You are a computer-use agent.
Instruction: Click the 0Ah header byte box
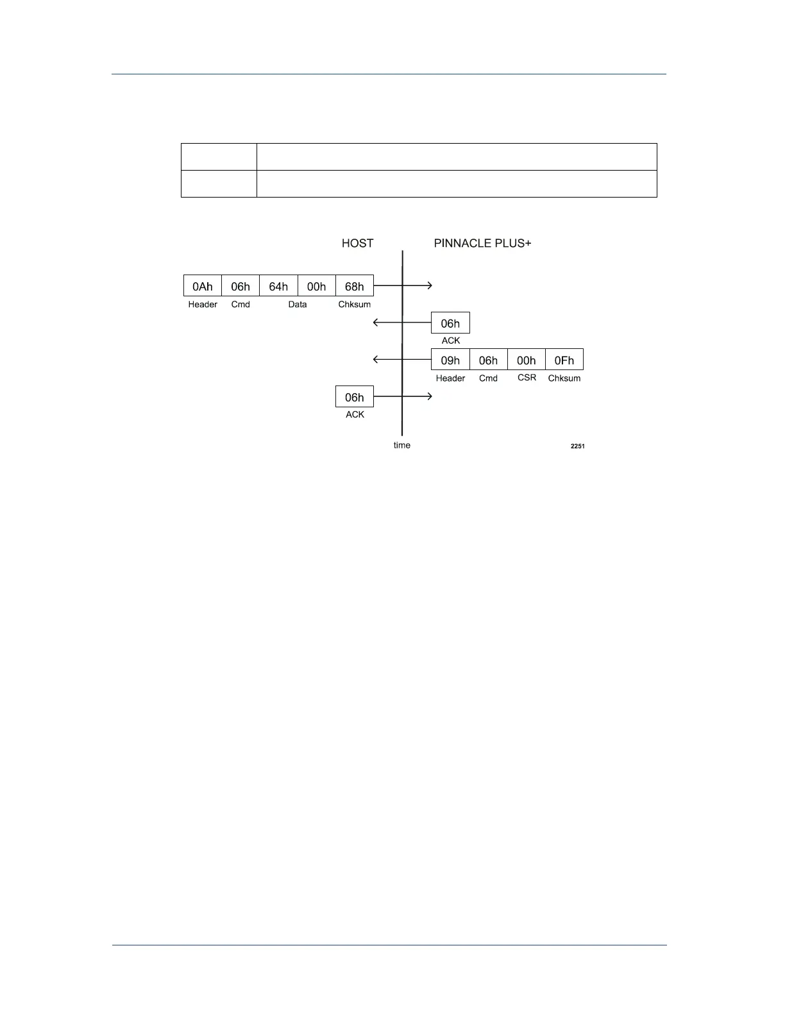pyautogui.click(x=203, y=286)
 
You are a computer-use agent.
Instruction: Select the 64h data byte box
pyautogui.click(x=278, y=286)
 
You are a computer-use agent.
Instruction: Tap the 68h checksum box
pyautogui.click(x=355, y=286)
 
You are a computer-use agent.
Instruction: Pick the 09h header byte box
pyautogui.click(x=450, y=360)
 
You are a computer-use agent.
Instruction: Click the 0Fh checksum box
pyautogui.click(x=564, y=360)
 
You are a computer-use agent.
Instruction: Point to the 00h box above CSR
pyautogui.click(x=527, y=360)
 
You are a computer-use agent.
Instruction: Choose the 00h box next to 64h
pyautogui.click(x=317, y=286)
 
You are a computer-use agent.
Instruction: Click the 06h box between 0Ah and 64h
pyautogui.click(x=241, y=286)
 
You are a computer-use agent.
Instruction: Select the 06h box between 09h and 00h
pyautogui.click(x=488, y=360)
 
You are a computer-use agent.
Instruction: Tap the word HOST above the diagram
pyautogui.click(x=357, y=243)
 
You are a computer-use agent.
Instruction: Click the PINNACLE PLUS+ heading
pyautogui.click(x=482, y=243)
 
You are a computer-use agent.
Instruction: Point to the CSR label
pyautogui.click(x=527, y=378)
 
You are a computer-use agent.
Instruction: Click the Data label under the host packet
pyautogui.click(x=298, y=305)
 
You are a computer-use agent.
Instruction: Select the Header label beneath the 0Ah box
pyautogui.click(x=203, y=305)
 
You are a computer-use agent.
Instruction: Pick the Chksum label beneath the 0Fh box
pyautogui.click(x=564, y=378)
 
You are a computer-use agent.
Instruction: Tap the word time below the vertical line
pyautogui.click(x=402, y=445)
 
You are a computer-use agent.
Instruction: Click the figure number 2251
pyautogui.click(x=577, y=446)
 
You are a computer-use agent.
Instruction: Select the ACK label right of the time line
pyautogui.click(x=451, y=341)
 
